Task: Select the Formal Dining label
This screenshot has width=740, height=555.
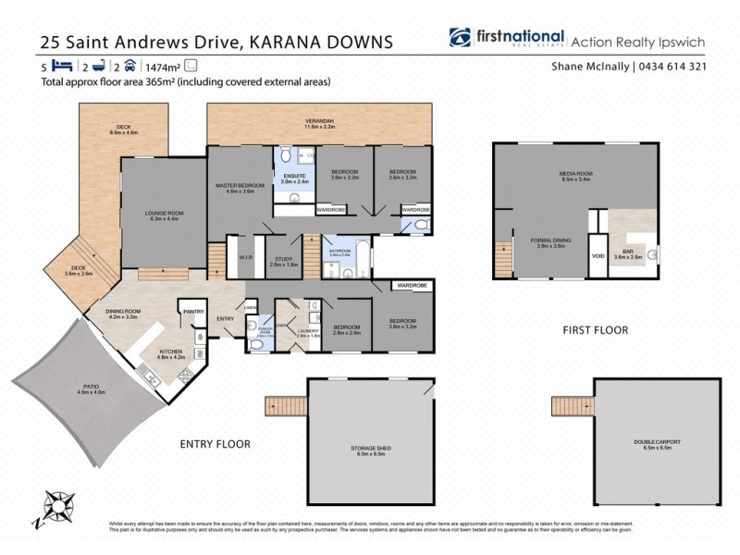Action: click(547, 242)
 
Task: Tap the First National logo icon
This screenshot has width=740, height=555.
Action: click(460, 39)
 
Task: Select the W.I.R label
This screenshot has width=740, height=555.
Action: click(246, 258)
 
